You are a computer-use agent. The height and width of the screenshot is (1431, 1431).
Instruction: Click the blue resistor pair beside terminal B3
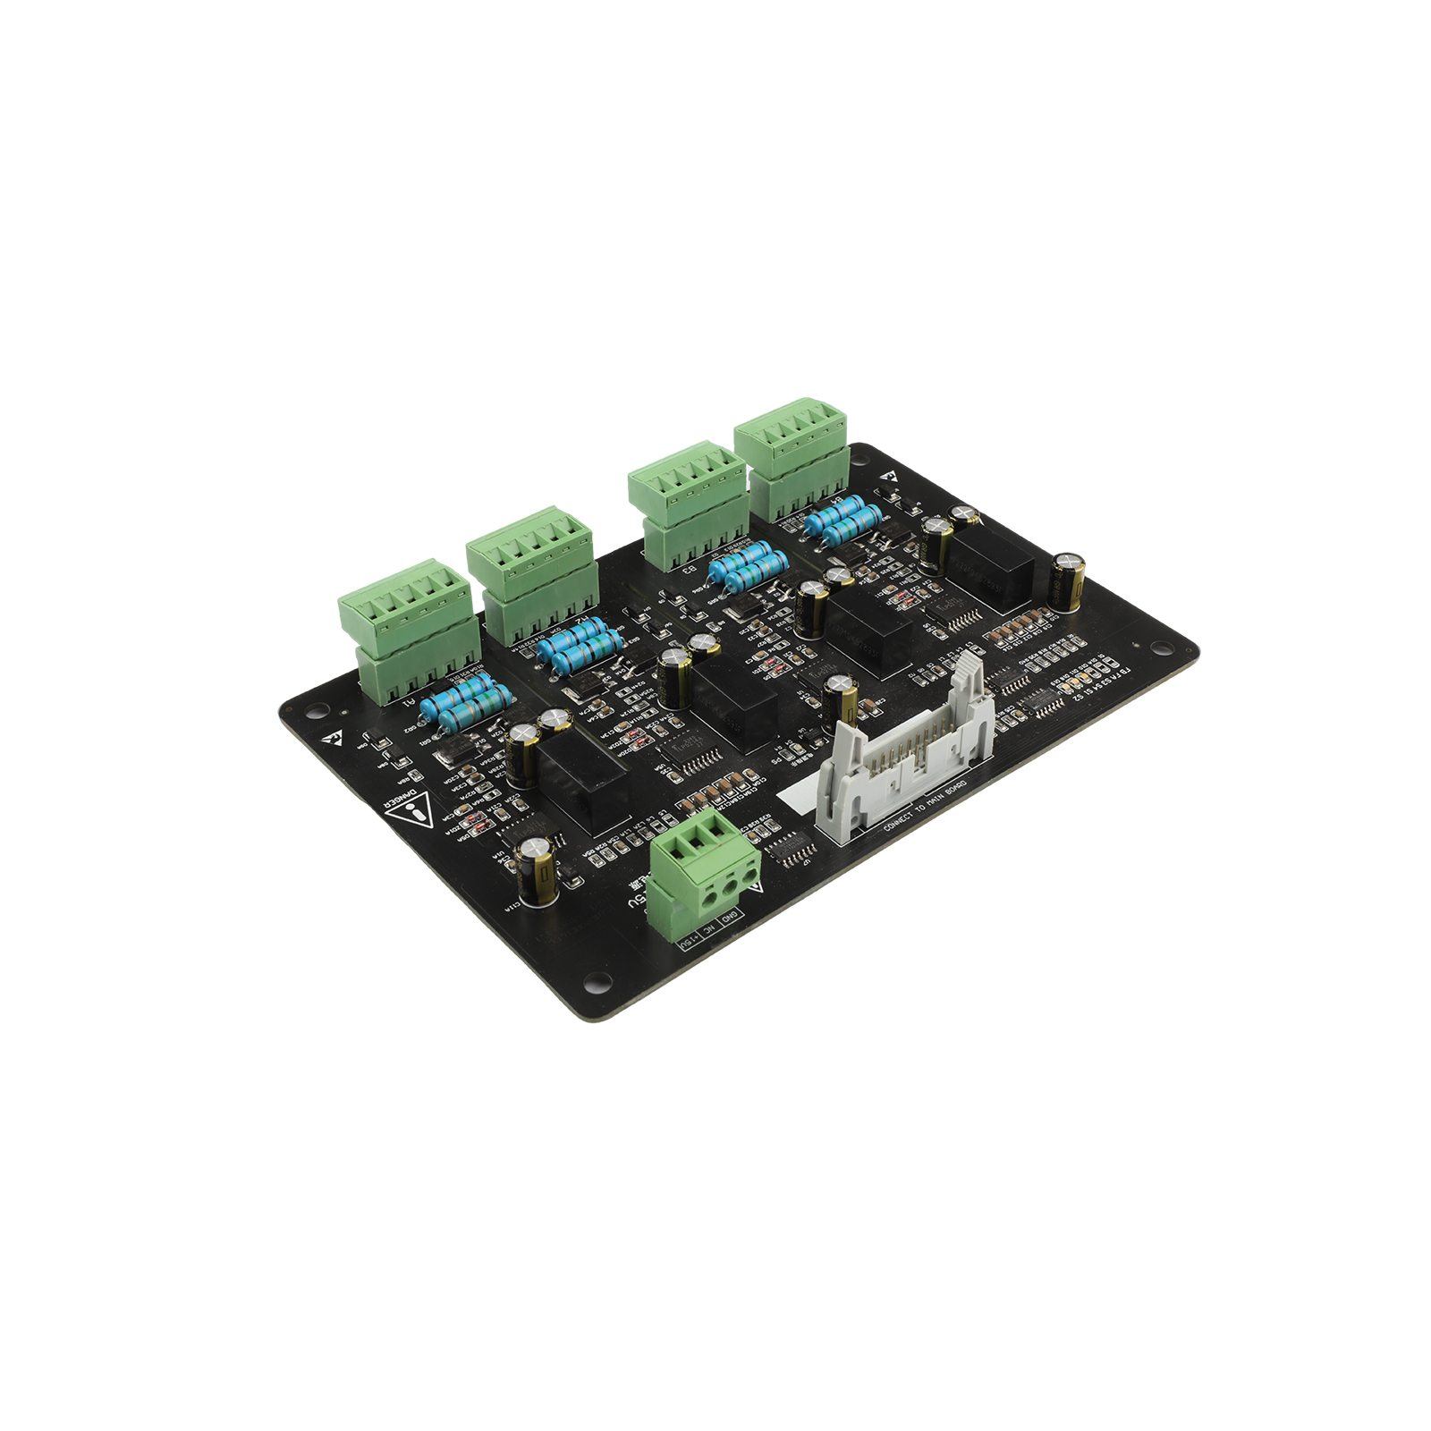(x=748, y=565)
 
